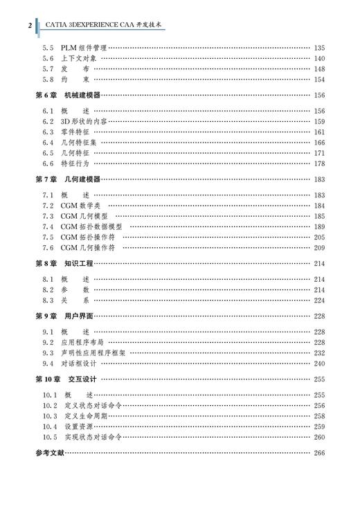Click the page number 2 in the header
(30, 26)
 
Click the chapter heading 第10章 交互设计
(66, 379)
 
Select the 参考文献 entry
(48, 453)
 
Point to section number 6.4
(48, 142)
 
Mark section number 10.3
(49, 416)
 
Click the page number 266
(318, 453)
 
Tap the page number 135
(318, 47)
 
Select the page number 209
(318, 247)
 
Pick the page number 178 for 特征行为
(318, 163)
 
